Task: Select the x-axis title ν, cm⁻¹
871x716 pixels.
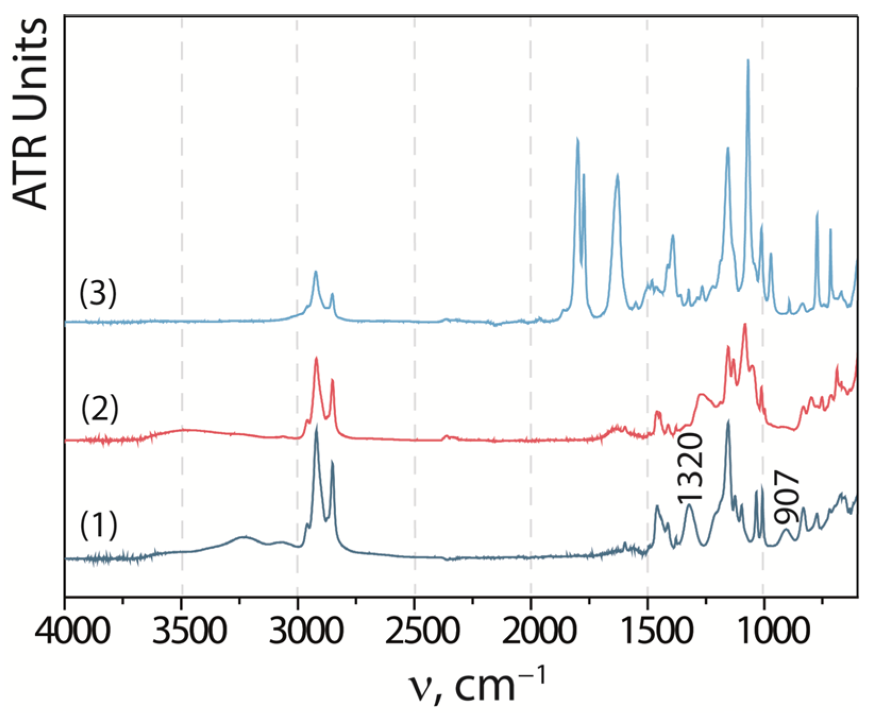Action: coord(477,685)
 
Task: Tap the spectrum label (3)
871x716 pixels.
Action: coord(98,293)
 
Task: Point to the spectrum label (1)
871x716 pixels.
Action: coord(98,525)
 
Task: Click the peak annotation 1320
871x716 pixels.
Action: coord(690,468)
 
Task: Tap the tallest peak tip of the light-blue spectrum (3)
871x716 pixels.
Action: coord(748,60)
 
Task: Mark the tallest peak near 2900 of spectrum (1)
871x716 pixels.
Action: coord(317,425)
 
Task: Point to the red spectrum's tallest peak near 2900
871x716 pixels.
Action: coord(316,357)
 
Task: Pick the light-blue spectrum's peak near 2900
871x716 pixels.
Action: coord(316,272)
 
